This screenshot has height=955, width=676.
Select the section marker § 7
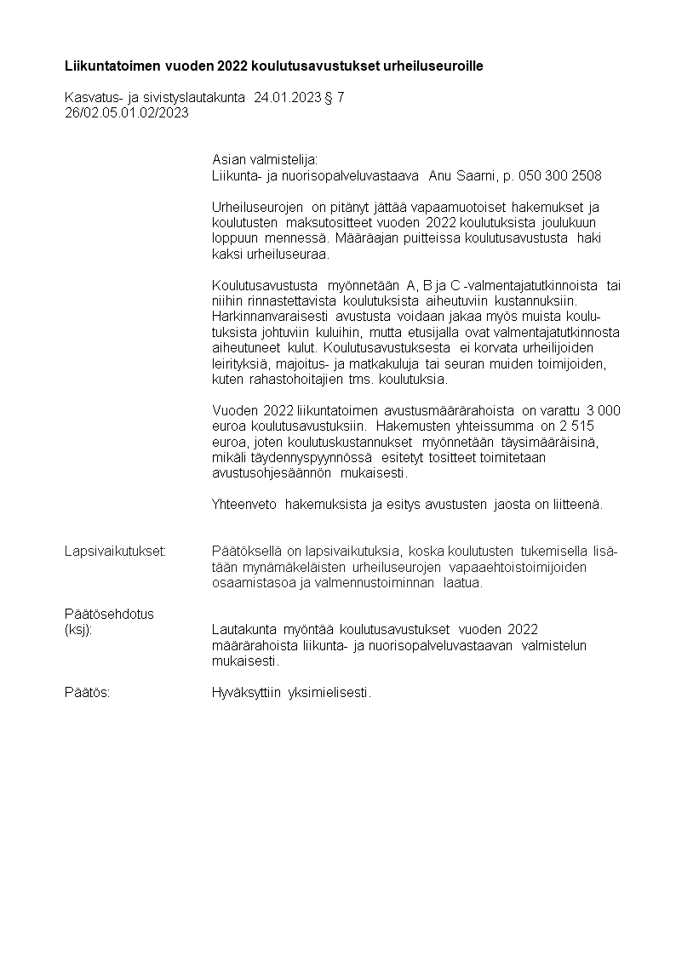[335, 98]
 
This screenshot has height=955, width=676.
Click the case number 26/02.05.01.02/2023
[127, 112]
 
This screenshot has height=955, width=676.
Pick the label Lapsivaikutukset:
[115, 552]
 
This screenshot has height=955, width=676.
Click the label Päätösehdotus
[109, 614]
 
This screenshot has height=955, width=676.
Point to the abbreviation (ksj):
[78, 630]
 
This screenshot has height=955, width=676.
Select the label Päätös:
[87, 693]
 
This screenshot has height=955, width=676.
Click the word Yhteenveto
[244, 504]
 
